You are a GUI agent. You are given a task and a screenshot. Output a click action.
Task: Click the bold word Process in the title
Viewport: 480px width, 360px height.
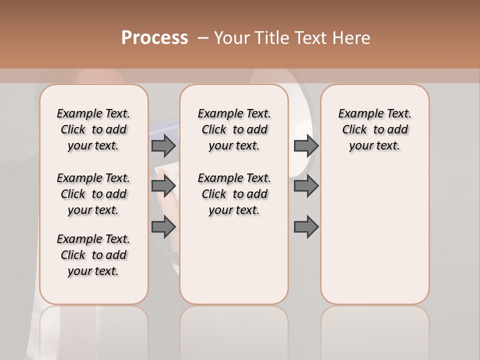pos(154,38)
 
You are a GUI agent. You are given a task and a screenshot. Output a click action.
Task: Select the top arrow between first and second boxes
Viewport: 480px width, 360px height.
pos(163,145)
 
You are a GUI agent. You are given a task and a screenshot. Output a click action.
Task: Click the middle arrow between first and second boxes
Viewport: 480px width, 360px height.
pos(163,186)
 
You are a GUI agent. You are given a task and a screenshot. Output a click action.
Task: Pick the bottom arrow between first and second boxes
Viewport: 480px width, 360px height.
pos(163,227)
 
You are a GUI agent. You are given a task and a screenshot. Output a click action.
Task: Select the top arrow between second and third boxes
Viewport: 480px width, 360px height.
pos(306,145)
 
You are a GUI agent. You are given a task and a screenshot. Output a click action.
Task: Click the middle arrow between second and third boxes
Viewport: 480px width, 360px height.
pos(306,186)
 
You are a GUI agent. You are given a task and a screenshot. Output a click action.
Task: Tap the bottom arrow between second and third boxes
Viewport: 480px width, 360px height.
pos(306,227)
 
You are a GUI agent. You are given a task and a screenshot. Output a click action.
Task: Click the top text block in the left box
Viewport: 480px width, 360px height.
pos(93,129)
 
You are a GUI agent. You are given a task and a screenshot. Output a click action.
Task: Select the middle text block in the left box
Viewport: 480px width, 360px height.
pos(93,194)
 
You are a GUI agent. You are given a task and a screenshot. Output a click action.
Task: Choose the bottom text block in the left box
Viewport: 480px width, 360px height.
pos(93,255)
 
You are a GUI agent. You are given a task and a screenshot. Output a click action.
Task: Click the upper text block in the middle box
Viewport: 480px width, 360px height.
pos(234,129)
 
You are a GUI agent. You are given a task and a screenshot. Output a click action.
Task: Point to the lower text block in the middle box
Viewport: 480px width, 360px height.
pos(234,194)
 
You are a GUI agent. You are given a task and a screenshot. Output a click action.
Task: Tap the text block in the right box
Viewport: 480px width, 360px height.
pos(374,129)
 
